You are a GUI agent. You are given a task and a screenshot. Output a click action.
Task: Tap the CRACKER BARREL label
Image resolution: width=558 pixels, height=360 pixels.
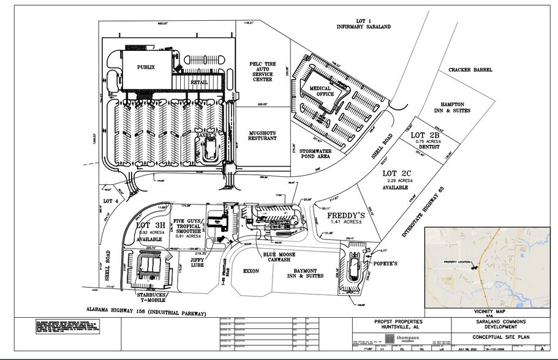[x=469, y=70]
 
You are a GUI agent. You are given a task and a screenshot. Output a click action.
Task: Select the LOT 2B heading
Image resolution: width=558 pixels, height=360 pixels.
[x=426, y=135]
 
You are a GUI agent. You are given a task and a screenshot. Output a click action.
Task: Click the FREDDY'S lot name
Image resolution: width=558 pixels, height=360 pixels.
[x=345, y=216]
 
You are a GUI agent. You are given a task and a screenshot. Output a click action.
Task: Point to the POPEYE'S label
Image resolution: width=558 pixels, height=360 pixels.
[x=385, y=263]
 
